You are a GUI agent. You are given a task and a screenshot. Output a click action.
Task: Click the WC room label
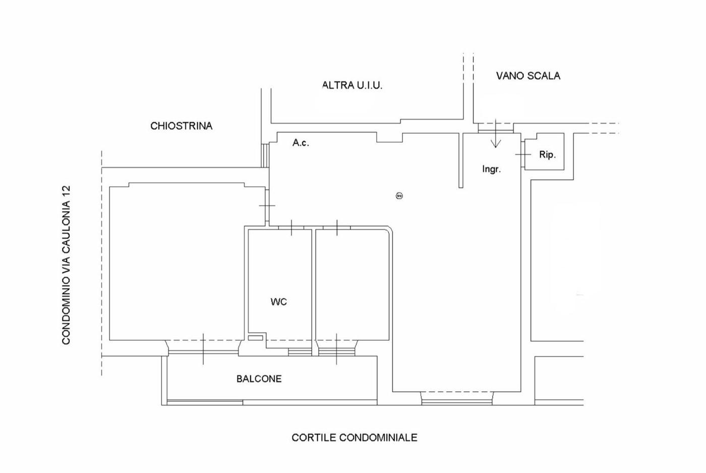(x=278, y=302)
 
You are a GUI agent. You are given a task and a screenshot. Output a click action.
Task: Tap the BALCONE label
(x=259, y=379)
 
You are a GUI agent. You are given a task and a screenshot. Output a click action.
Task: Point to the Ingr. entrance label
(x=491, y=169)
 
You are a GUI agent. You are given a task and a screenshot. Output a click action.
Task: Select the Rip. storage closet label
(x=547, y=154)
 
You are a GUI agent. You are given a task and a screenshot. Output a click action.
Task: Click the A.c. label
(x=301, y=143)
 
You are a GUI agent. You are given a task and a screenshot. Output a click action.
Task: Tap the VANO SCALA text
(x=528, y=76)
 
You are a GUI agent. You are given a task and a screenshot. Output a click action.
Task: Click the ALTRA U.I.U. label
(x=352, y=85)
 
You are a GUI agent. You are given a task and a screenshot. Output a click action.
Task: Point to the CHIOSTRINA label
(x=181, y=126)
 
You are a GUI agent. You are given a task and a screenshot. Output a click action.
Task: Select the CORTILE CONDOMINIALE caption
(x=354, y=437)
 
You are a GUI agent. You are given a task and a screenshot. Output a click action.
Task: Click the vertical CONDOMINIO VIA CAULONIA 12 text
(x=66, y=265)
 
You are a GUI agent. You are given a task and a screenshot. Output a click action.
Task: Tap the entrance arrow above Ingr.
(x=496, y=135)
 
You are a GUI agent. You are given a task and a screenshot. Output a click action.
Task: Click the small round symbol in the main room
(x=399, y=196)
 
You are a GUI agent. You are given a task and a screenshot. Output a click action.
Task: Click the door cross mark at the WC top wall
(x=292, y=228)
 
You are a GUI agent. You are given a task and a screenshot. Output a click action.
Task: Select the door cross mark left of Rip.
(x=523, y=154)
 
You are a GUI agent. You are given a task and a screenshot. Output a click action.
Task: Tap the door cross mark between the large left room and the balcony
(x=203, y=349)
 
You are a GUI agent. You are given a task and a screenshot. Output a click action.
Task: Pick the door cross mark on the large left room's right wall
(x=267, y=205)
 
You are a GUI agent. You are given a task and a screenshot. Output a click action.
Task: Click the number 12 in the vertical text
(x=66, y=192)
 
